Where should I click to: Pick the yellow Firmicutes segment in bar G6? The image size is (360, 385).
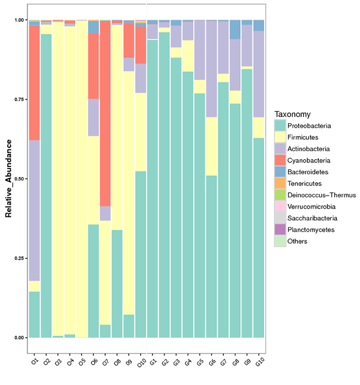pyautogui.click(x=211, y=146)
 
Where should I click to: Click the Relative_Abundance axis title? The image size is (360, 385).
pyautogui.click(x=9, y=179)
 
